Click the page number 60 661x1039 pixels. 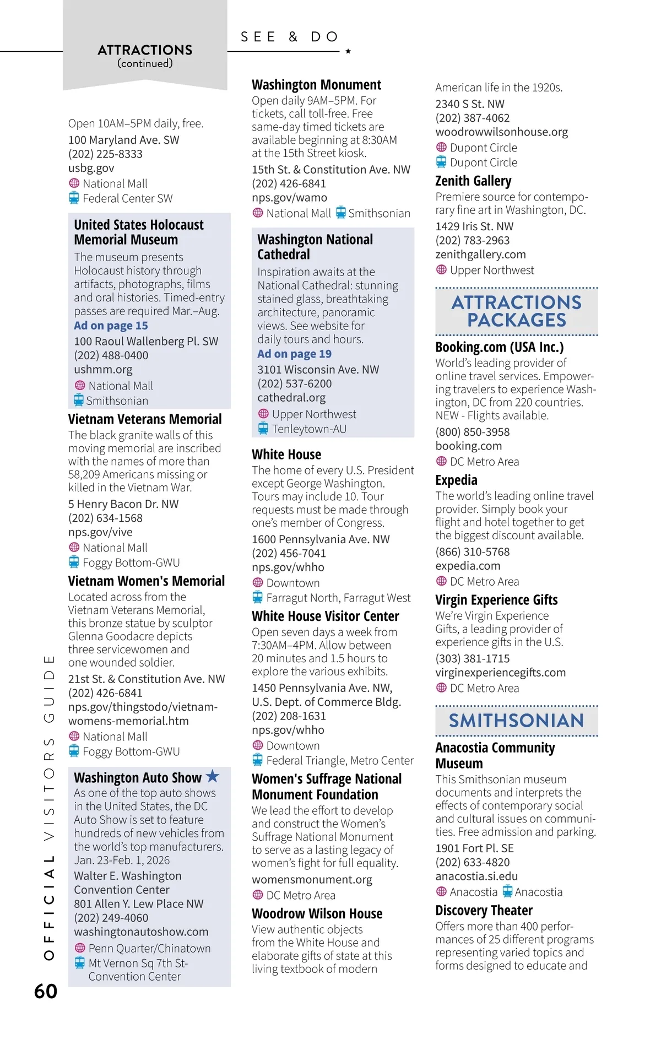click(x=46, y=991)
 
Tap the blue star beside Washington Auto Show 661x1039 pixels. click(x=213, y=776)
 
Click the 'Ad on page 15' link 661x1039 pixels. click(x=111, y=326)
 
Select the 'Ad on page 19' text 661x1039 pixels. click(x=294, y=354)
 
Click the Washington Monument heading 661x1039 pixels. click(x=316, y=85)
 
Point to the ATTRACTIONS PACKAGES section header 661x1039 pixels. click(x=516, y=311)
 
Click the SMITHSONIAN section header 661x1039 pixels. click(x=516, y=721)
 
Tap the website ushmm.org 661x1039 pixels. click(x=103, y=369)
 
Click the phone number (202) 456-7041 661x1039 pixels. click(x=289, y=553)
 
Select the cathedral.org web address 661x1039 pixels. click(x=291, y=397)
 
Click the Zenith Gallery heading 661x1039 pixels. click(x=473, y=181)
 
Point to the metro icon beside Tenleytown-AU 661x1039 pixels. click(x=263, y=429)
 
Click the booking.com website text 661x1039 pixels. click(x=468, y=446)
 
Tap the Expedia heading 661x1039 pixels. click(x=456, y=480)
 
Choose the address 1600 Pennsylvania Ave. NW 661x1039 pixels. click(x=321, y=539)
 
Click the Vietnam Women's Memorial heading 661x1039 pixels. click(x=147, y=581)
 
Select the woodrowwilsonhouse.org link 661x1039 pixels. click(x=501, y=132)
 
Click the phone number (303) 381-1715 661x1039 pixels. click(x=472, y=658)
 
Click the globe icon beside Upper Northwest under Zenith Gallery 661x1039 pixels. click(x=441, y=270)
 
